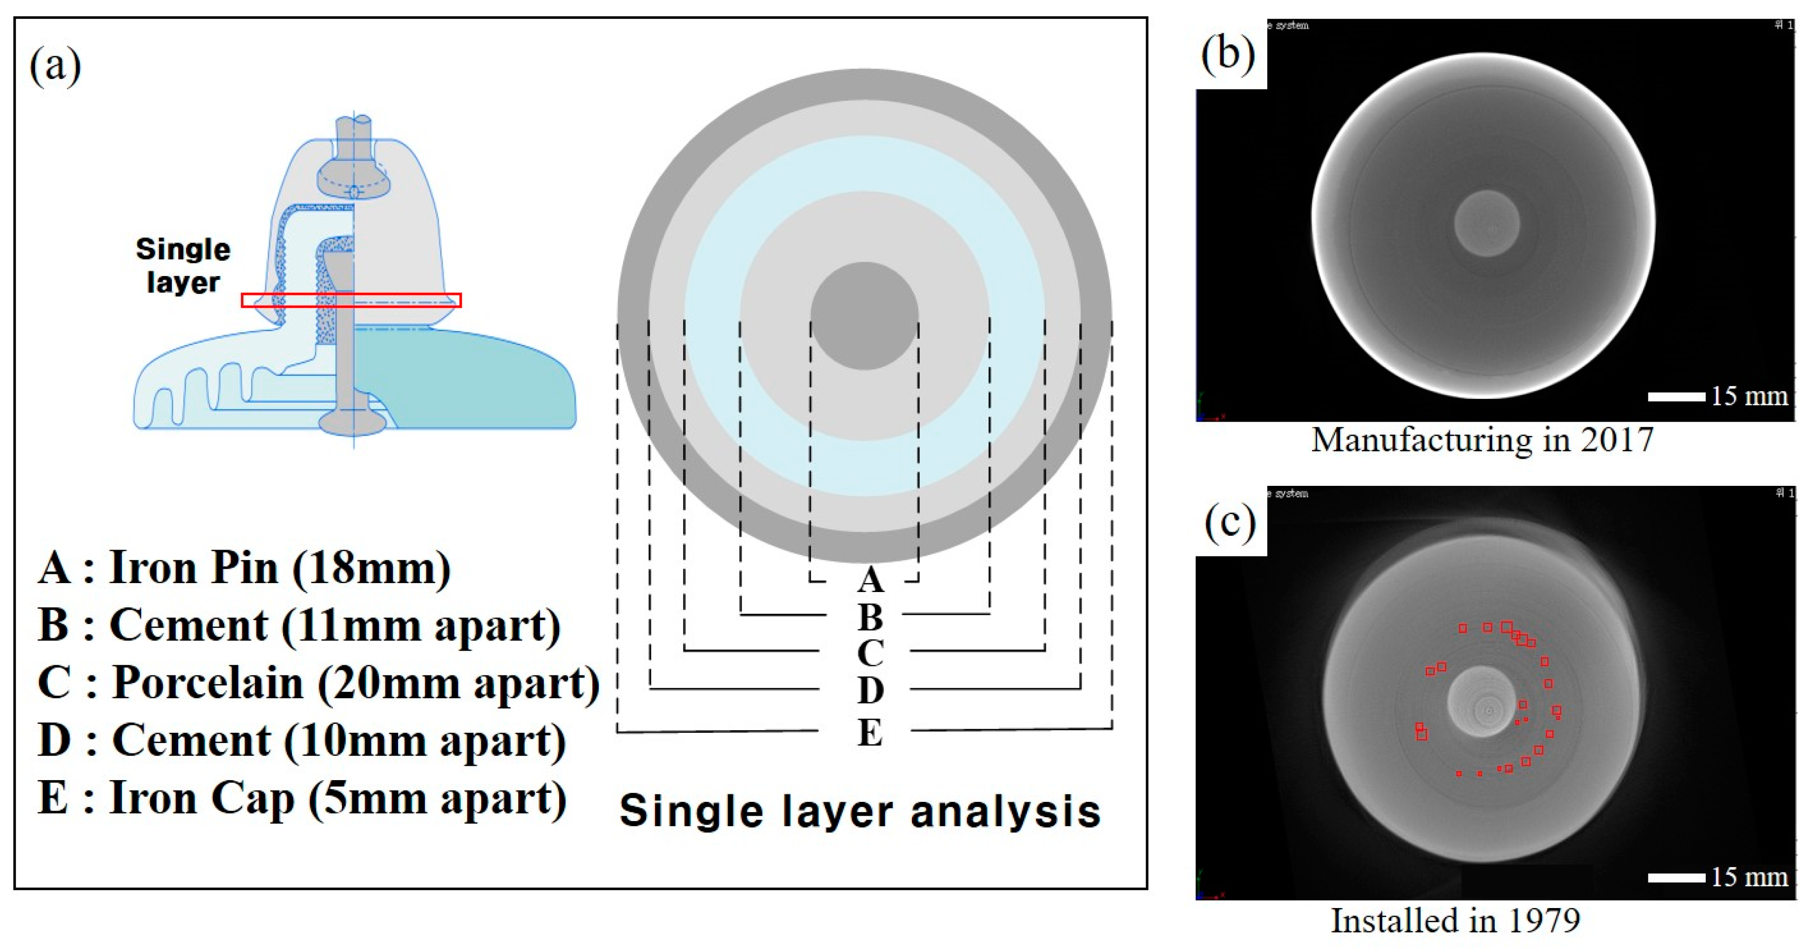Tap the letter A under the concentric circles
[x=869, y=580]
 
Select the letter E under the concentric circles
[x=869, y=732]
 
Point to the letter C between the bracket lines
[x=869, y=653]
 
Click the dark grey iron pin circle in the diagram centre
[x=864, y=316]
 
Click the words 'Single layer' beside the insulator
[x=183, y=266]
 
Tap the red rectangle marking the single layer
[x=351, y=301]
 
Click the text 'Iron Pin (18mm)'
[x=280, y=567]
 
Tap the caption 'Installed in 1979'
[x=1455, y=920]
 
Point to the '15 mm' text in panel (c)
[x=1749, y=877]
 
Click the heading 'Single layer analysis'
[x=860, y=811]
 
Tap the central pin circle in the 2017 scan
[x=1486, y=223]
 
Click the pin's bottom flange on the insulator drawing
[x=353, y=423]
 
